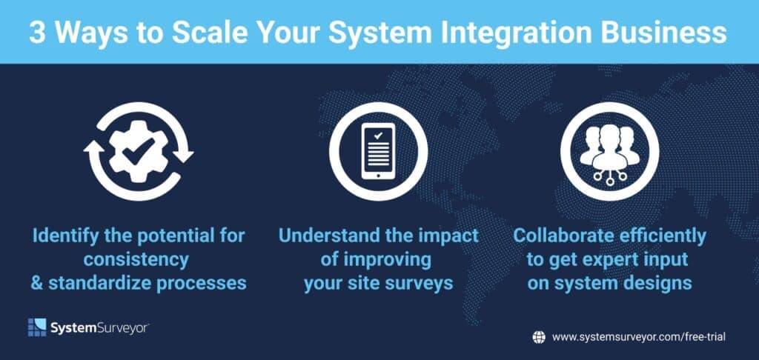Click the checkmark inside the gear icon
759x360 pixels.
click(138, 150)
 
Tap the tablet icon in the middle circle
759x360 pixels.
click(378, 150)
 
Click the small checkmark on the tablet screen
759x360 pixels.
click(378, 136)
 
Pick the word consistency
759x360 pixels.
click(136, 260)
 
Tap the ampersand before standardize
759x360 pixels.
click(37, 283)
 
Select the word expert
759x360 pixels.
click(617, 261)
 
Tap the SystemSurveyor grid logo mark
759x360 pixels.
click(37, 327)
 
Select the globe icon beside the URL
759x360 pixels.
click(539, 337)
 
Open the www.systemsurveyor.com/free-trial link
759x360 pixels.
click(639, 337)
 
